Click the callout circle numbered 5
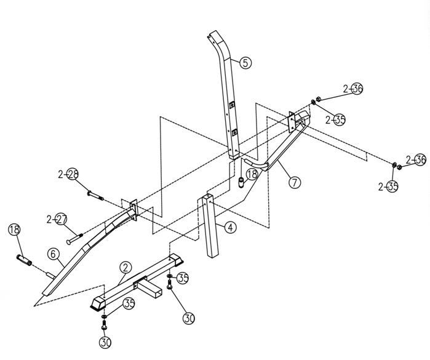point(245,63)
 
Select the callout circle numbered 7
point(295,182)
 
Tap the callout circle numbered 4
point(230,228)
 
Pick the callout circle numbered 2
point(125,268)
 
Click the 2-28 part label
point(68,174)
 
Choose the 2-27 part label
point(57,219)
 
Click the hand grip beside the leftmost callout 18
point(24,259)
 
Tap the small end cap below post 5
point(241,182)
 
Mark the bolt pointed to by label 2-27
point(74,238)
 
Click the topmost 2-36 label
point(353,89)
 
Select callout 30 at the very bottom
point(106,342)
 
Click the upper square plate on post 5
point(232,104)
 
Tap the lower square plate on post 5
point(234,133)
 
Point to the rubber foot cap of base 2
point(98,305)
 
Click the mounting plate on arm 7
point(292,121)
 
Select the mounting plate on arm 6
point(133,210)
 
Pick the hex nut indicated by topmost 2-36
point(318,99)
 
